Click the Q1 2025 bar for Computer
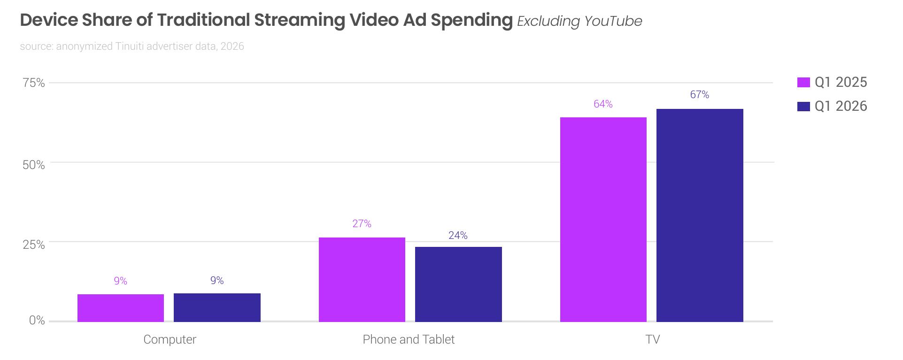[x=121, y=308]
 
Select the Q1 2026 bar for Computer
[x=217, y=307]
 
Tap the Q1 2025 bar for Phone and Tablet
[x=362, y=280]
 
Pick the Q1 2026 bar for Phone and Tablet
[x=458, y=284]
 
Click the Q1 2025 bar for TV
[x=603, y=220]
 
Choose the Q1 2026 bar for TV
[x=700, y=215]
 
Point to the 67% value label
[x=700, y=95]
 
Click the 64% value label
[x=603, y=104]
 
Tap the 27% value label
[x=362, y=224]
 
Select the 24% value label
[x=458, y=236]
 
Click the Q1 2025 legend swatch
[x=803, y=83]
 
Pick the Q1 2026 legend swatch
[x=803, y=107]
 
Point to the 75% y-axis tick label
[x=34, y=83]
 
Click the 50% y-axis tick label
[x=34, y=165]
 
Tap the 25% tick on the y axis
[x=34, y=245]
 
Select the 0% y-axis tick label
[x=37, y=321]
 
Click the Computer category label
[x=170, y=339]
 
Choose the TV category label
[x=653, y=339]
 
